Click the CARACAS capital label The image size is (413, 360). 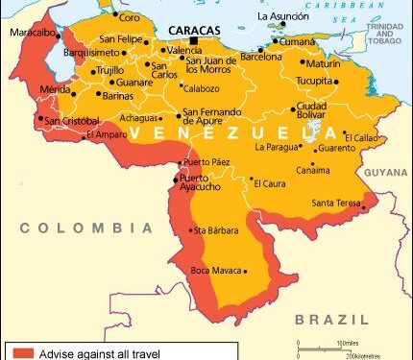(193, 30)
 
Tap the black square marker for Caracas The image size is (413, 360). (194, 41)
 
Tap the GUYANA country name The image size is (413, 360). (386, 172)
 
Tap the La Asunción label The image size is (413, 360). (289, 17)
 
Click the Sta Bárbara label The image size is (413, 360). (213, 230)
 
